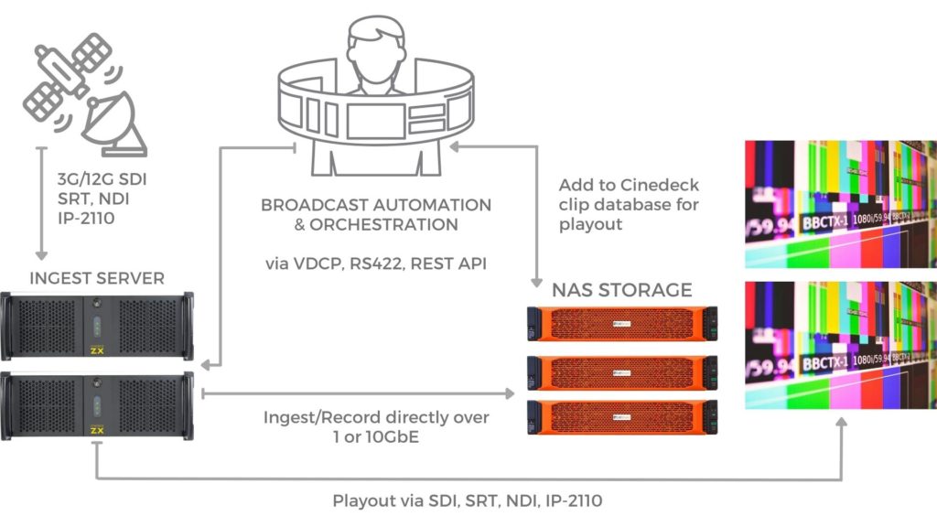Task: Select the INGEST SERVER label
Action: pos(98,277)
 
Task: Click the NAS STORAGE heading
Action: pos(621,291)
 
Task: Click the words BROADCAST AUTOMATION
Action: pos(376,205)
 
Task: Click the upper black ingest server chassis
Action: pos(98,326)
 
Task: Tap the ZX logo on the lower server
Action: pos(98,428)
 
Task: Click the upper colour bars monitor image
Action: pos(841,203)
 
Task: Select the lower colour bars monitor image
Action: pos(841,345)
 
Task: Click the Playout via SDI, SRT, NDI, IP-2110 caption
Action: pos(468,500)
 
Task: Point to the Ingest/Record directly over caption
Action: pos(377,417)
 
